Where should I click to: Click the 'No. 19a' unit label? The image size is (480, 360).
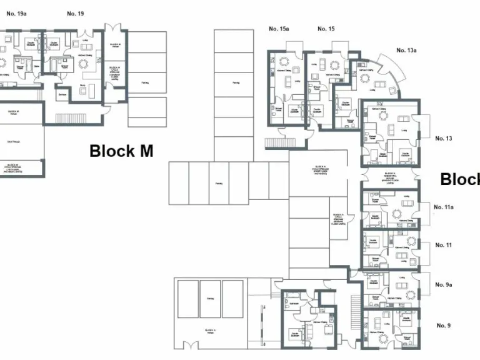click(x=17, y=14)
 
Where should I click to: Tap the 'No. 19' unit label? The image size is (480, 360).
click(x=76, y=14)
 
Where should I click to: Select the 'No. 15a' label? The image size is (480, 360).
click(x=279, y=29)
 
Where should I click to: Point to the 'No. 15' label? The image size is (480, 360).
click(x=326, y=29)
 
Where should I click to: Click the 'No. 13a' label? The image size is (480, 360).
click(x=406, y=50)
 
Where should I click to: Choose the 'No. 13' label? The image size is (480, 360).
click(x=444, y=138)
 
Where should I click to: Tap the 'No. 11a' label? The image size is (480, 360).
click(x=444, y=207)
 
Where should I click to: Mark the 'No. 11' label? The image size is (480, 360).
click(x=444, y=245)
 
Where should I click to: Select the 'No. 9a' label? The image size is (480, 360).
click(x=444, y=284)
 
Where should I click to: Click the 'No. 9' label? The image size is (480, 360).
click(x=442, y=325)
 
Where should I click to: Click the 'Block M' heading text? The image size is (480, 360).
click(x=121, y=151)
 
